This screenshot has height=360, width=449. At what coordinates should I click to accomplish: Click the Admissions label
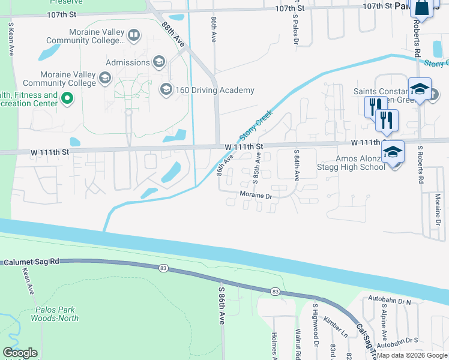tap(128, 62)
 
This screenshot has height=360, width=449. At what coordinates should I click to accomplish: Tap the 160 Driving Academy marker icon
tap(166, 90)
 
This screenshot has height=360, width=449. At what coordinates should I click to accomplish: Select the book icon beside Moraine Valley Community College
tap(134, 35)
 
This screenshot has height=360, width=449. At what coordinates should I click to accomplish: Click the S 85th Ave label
tap(256, 167)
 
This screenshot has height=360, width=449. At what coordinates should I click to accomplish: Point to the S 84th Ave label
tap(296, 166)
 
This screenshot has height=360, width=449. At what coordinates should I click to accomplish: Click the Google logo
tap(20, 353)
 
